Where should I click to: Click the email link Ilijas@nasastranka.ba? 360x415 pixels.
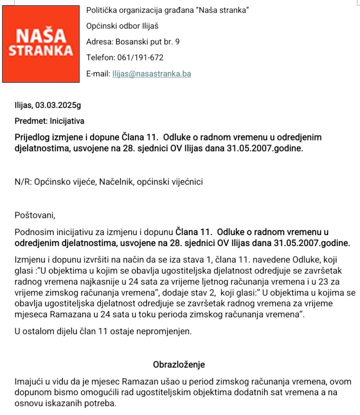152,74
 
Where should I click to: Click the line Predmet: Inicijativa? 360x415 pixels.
49,121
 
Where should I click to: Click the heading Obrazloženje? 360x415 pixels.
179,364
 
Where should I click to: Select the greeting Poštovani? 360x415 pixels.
35,215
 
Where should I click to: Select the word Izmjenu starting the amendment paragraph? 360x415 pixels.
29,260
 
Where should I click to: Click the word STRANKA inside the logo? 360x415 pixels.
41,50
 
